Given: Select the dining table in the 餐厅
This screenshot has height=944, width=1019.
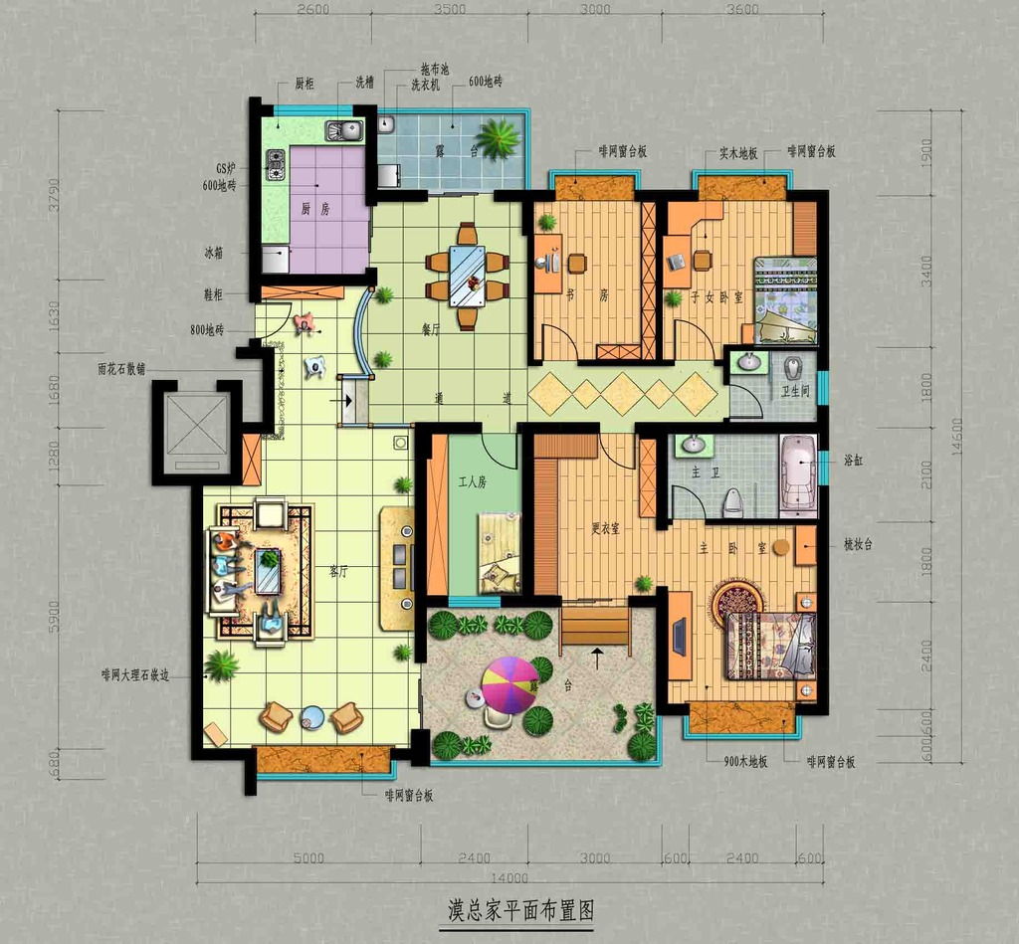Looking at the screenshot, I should point(467,276).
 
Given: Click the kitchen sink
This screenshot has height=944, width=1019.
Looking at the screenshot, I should point(344,130).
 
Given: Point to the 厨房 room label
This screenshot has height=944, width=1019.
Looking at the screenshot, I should point(315,209).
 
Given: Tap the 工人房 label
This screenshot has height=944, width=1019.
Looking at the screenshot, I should point(473,482).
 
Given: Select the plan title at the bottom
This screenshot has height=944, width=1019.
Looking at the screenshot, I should point(520,909).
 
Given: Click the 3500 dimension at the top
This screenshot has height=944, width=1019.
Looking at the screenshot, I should point(449,10).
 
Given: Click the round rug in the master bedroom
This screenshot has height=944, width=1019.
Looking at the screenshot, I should point(737,600).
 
